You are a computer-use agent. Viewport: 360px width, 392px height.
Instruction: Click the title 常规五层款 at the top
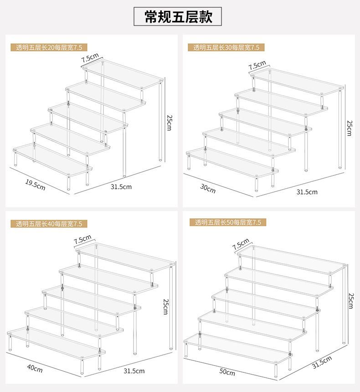178,17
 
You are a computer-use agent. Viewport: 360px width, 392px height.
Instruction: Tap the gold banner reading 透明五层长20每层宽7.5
49,47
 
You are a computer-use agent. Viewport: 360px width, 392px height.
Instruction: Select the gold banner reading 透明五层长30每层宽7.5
226,47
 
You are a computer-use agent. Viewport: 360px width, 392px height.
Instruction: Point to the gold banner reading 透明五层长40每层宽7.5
49,223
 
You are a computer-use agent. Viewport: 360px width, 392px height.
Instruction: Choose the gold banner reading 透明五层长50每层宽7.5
227,222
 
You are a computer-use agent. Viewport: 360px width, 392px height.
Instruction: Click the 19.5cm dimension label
35,185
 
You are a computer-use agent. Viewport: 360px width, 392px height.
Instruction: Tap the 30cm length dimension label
208,189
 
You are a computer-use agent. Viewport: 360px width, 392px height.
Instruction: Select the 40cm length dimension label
35,368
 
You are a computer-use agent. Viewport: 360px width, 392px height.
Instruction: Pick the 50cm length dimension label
227,372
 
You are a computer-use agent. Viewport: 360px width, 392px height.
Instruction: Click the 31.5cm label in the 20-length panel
121,187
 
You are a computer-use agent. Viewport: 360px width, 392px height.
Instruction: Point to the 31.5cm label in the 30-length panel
307,192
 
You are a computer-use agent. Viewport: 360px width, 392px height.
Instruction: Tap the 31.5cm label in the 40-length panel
134,371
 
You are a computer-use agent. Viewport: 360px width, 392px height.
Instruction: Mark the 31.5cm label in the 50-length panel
322,362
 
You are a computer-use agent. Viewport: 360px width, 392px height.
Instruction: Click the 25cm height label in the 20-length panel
169,123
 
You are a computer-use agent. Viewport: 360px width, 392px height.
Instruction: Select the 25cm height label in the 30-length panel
350,128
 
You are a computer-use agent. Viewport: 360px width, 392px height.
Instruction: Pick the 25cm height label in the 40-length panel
165,306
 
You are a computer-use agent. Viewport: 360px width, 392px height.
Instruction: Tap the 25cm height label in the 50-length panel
351,301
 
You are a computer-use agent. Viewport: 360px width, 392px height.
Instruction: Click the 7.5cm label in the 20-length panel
90,57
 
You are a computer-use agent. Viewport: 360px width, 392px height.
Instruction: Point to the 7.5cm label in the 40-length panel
82,239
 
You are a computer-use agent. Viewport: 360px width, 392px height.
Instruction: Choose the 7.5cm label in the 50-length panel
241,244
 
